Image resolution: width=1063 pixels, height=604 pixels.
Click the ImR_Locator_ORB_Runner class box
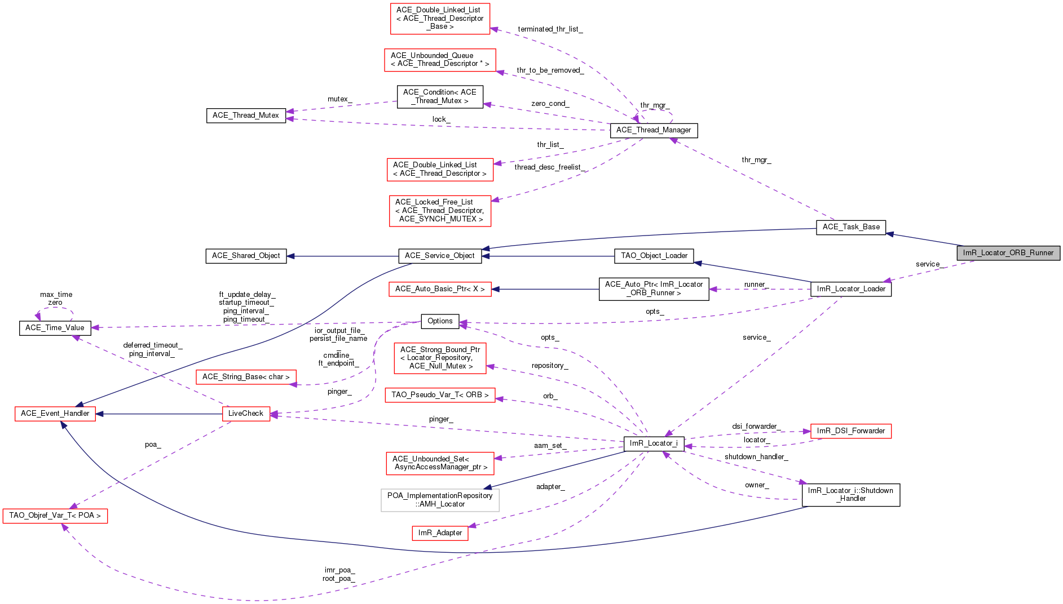coord(1008,253)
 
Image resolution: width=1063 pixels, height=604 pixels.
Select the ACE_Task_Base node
coord(851,227)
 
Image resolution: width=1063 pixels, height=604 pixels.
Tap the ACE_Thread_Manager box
coord(654,130)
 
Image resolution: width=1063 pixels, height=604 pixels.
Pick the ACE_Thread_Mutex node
coord(246,116)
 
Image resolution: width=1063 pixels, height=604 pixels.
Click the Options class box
coord(440,321)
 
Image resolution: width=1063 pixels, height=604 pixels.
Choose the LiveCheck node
coord(246,414)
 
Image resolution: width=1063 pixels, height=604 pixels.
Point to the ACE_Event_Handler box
coord(55,414)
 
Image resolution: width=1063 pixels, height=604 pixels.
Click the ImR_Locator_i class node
coord(654,443)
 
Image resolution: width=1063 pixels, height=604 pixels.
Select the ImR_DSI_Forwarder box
coord(851,431)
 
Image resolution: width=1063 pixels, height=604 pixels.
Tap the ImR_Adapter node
coord(440,533)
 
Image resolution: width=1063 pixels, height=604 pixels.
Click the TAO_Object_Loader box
coord(654,256)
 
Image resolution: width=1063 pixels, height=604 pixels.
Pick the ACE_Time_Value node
coord(55,328)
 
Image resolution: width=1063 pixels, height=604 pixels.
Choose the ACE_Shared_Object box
coord(246,256)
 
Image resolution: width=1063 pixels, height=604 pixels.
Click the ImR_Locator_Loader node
coord(851,289)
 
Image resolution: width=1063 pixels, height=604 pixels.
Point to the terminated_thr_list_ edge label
coord(550,29)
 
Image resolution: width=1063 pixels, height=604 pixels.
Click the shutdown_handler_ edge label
coord(756,457)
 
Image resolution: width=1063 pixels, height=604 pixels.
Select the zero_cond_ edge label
coord(550,104)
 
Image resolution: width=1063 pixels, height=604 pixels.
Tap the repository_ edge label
coord(550,366)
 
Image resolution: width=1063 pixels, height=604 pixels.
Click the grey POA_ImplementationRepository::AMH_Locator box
coord(440,500)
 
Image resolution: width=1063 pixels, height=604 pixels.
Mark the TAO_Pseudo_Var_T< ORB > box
coord(440,395)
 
